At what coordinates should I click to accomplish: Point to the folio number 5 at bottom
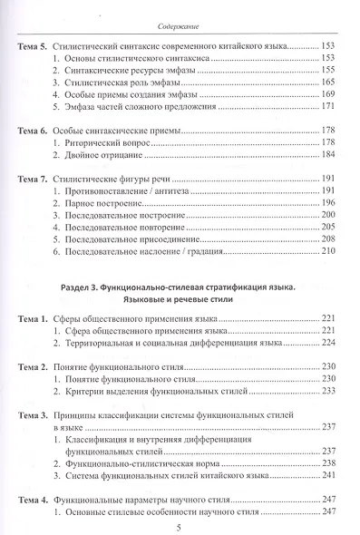click(x=180, y=526)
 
